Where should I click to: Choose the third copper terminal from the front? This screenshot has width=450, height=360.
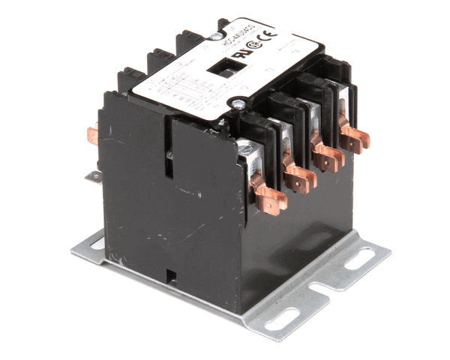point(327,157)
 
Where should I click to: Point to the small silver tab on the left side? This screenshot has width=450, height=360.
point(93,176)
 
